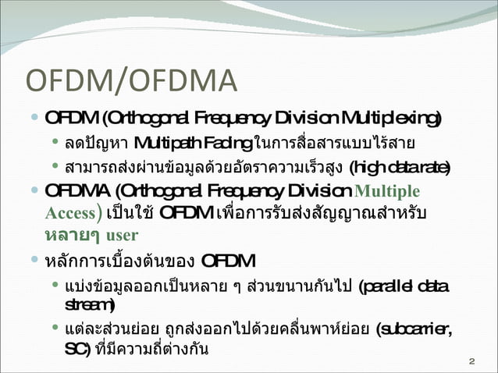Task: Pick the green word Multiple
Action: tap(387, 192)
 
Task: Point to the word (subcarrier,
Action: tap(411, 327)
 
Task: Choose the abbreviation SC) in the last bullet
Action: tap(76, 348)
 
